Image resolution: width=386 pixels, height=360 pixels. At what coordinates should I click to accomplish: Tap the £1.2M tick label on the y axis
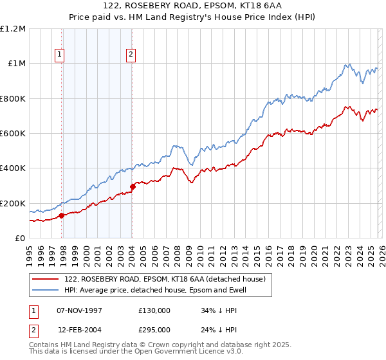tap(13, 29)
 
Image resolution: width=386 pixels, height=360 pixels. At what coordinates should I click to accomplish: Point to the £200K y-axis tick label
tap(13, 203)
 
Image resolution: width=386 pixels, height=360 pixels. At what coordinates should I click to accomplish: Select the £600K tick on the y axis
tap(13, 134)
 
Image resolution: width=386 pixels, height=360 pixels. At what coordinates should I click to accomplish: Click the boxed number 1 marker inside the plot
tap(59, 55)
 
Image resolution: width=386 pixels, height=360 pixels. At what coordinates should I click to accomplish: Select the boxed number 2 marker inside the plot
tap(131, 55)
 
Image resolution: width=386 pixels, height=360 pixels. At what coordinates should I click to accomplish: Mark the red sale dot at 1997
tap(62, 216)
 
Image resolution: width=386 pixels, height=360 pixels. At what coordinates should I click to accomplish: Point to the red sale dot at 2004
tap(133, 187)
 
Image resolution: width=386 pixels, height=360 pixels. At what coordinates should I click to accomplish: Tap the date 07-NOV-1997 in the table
tap(79, 310)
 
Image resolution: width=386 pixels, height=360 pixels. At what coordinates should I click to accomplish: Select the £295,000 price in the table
tap(154, 329)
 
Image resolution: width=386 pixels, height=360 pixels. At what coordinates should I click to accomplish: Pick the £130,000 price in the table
tap(154, 310)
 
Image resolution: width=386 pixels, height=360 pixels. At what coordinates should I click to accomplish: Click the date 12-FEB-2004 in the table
tap(79, 329)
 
